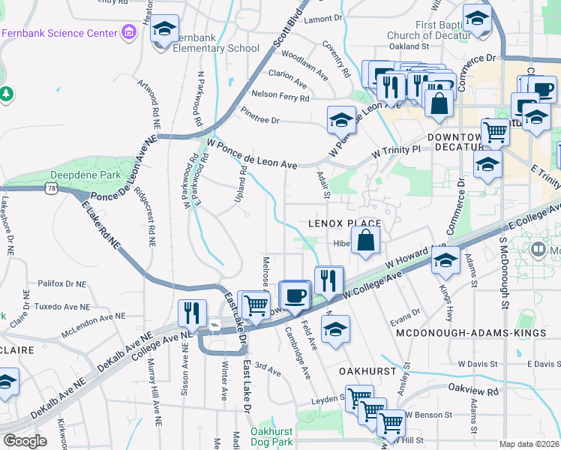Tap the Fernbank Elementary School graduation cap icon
165,29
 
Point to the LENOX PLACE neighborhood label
345,223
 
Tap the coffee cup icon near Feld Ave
295,293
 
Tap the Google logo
25,441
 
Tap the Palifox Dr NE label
61,284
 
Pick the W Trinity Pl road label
397,150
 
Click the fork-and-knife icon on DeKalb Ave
193,313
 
